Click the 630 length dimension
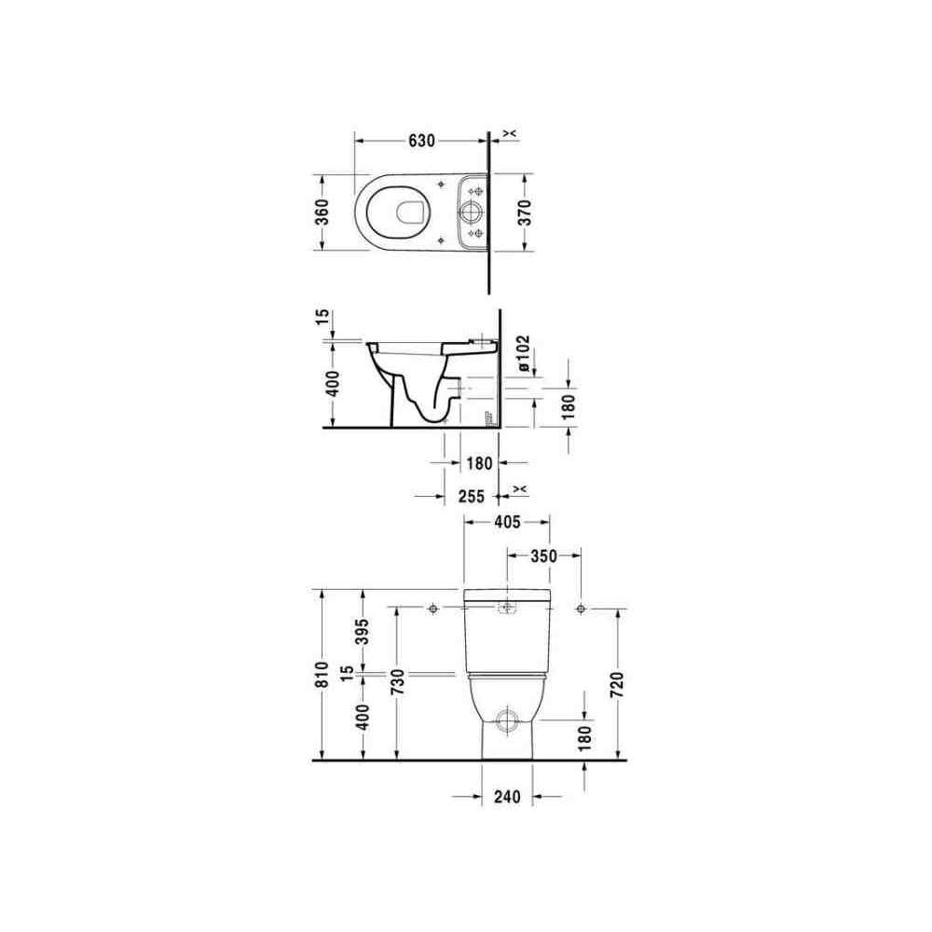[421, 141]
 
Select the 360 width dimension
[322, 212]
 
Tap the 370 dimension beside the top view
[524, 212]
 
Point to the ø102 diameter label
[524, 353]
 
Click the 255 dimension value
[472, 496]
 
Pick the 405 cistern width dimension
[507, 522]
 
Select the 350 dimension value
[543, 556]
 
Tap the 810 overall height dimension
[322, 675]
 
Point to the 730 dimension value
[398, 682]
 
